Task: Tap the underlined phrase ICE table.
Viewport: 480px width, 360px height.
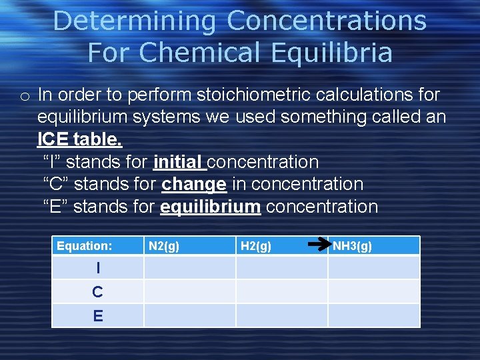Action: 80,139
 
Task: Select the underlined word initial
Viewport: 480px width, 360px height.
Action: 178,162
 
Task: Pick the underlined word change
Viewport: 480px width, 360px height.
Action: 194,184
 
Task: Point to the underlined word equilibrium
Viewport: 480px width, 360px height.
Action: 210,207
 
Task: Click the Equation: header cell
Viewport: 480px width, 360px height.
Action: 85,246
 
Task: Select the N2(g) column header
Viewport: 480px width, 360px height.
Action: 164,246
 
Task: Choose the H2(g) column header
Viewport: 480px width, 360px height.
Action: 256,246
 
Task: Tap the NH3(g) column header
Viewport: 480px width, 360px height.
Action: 353,246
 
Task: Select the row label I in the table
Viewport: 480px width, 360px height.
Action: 98,268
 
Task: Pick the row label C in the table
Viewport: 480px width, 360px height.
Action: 98,292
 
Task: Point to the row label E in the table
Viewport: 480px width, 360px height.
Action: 98,316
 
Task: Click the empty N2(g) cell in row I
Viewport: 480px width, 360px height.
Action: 190,268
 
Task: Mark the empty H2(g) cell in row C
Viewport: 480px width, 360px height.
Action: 282,292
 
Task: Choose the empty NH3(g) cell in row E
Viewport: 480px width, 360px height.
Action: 374,316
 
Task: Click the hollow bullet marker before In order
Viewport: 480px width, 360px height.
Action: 24,97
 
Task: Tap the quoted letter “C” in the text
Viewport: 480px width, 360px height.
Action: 57,184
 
